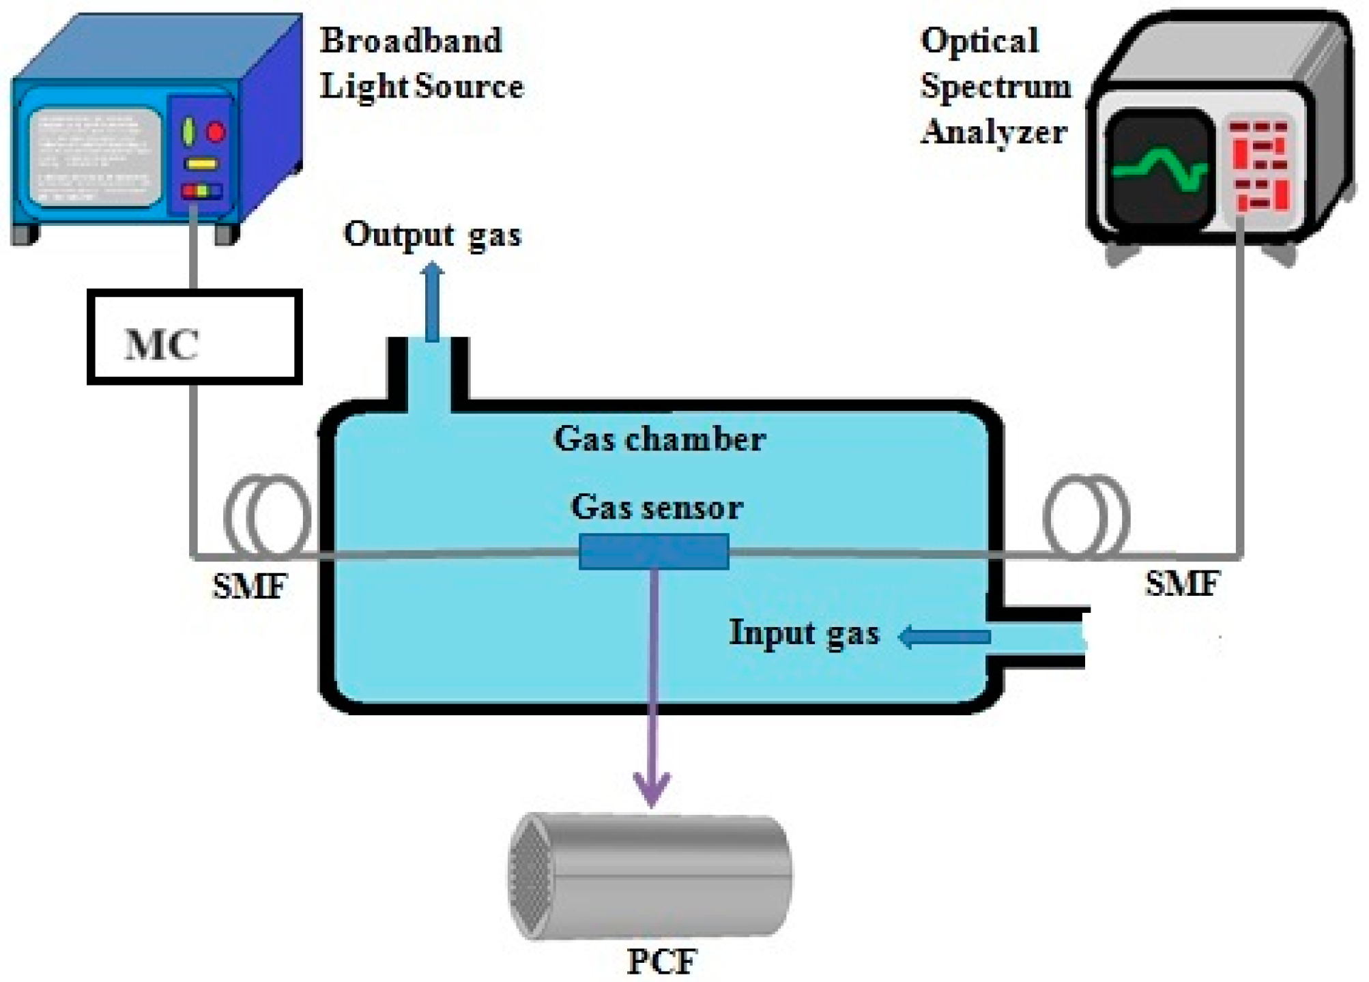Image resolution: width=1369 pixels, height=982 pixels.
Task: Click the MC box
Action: [x=194, y=337]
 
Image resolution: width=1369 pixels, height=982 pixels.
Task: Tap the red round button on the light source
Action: [x=216, y=131]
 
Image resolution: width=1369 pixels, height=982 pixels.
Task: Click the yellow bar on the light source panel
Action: [x=202, y=164]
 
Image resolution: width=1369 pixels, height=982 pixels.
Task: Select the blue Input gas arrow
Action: [x=945, y=637]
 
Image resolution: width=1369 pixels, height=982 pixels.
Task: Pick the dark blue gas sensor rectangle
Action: [x=654, y=552]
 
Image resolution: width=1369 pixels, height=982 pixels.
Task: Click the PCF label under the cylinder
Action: [x=661, y=962]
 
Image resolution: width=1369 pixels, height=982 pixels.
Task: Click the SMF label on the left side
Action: [x=250, y=586]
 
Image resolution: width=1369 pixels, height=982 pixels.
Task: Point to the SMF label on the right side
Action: [x=1182, y=584]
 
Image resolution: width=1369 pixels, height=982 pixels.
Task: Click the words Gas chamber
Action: [x=659, y=439]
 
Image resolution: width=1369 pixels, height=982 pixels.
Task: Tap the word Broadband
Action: [x=411, y=40]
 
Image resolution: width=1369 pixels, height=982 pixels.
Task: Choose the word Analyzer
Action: [x=994, y=132]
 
